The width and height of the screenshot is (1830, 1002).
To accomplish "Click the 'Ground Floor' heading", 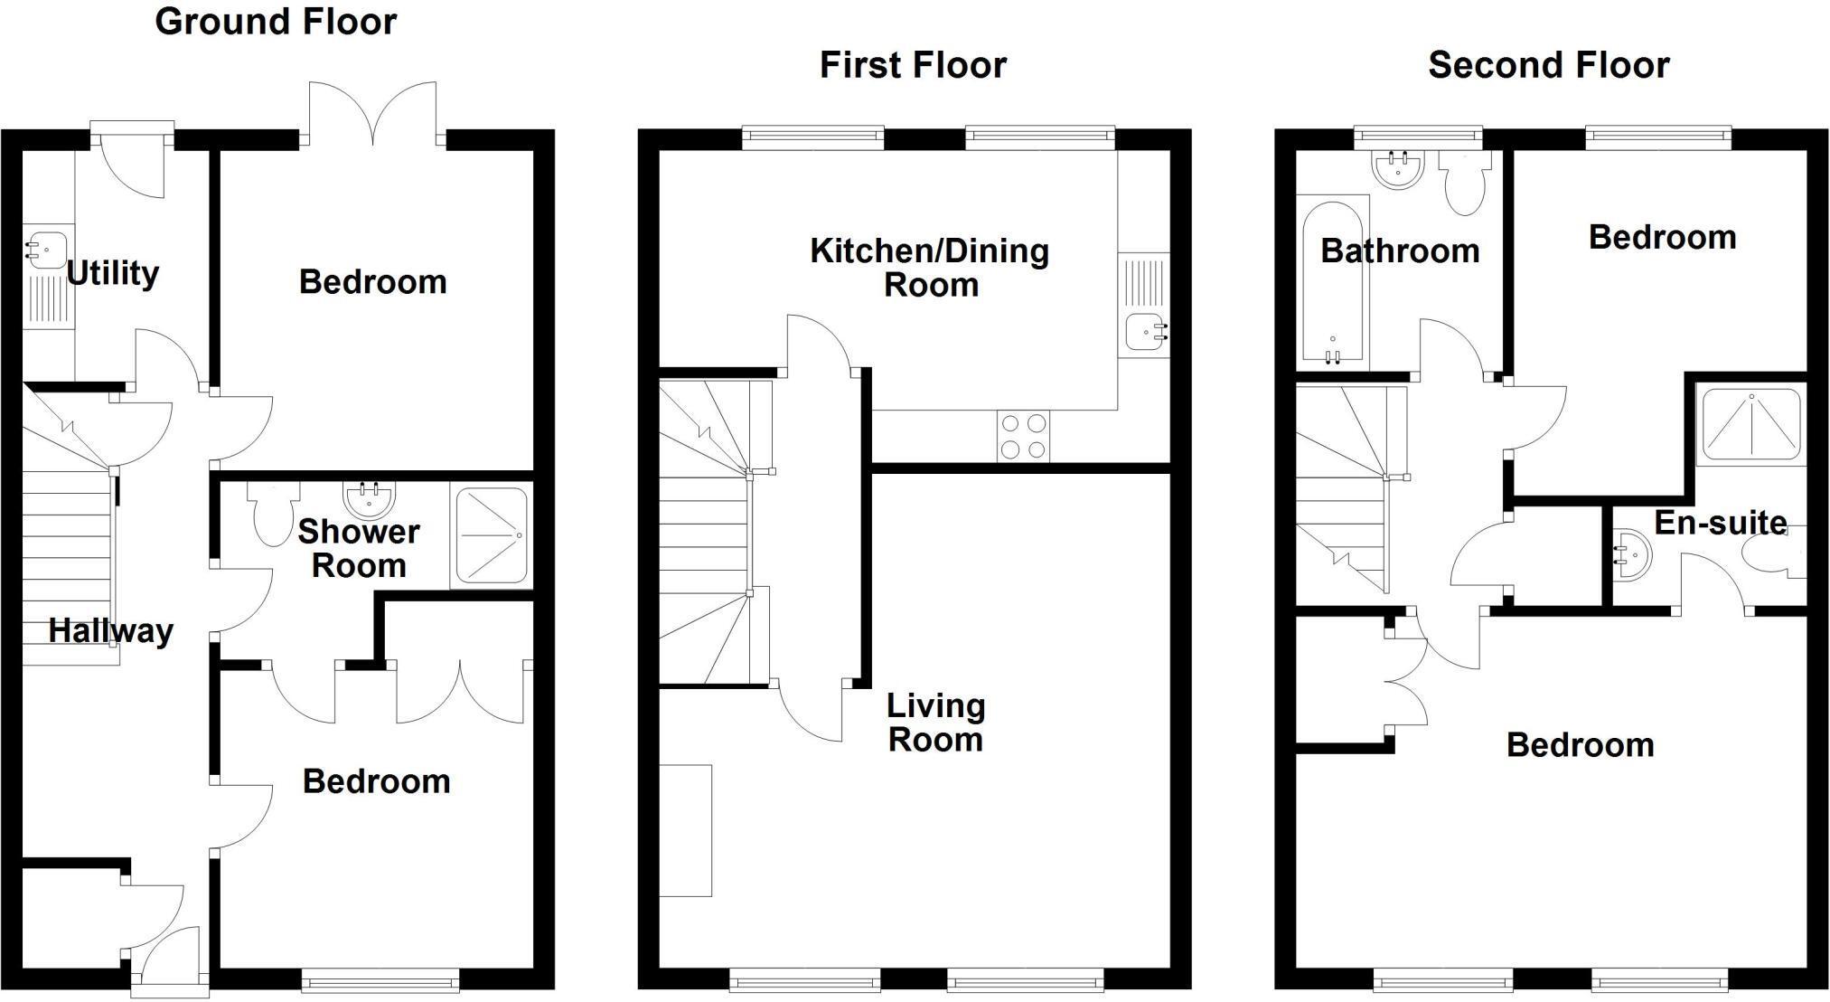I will click(x=276, y=22).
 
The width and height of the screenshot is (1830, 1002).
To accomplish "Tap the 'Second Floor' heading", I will click(x=1548, y=65).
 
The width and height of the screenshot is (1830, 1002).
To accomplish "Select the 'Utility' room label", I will click(x=113, y=272).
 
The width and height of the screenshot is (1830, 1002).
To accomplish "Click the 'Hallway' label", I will click(x=110, y=630).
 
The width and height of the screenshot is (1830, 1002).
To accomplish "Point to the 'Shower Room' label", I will click(x=359, y=548).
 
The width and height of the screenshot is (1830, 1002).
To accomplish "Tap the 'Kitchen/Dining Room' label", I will click(x=930, y=268).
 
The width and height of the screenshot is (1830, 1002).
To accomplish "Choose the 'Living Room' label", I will click(x=935, y=722).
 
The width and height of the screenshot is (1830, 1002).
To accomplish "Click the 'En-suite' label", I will click(x=1720, y=523).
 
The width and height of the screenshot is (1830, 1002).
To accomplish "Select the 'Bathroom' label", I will click(x=1400, y=250).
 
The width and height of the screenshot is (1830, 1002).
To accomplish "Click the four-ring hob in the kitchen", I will click(x=1025, y=436).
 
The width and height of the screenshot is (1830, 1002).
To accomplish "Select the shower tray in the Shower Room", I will click(x=492, y=536).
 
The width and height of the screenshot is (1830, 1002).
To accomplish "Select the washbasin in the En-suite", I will click(x=1632, y=554).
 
